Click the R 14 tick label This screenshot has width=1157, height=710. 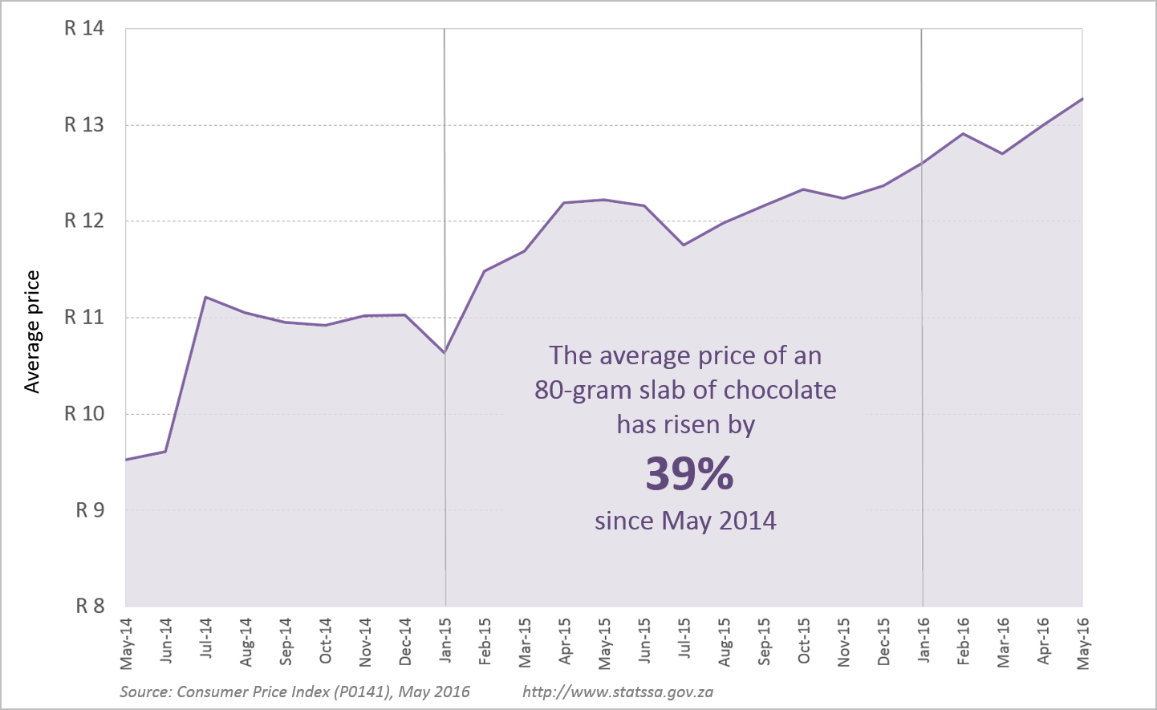84,29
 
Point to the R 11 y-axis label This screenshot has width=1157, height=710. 84,318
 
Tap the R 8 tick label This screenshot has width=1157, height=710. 90,607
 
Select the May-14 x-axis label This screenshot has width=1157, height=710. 127,643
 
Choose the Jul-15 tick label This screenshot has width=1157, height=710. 684,639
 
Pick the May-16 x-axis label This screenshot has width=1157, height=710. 1083,643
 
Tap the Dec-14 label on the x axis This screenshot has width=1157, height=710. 405,642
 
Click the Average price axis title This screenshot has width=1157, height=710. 32,332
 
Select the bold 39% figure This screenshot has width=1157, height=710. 689,474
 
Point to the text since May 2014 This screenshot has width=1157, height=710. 685,521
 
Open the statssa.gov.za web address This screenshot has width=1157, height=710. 618,692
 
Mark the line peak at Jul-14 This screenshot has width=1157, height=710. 206,297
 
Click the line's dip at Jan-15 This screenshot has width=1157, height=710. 445,352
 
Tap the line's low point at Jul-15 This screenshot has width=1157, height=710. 684,245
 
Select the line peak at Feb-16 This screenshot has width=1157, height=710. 963,133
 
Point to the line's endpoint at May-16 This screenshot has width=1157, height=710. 1082,99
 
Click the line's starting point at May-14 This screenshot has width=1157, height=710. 127,460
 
